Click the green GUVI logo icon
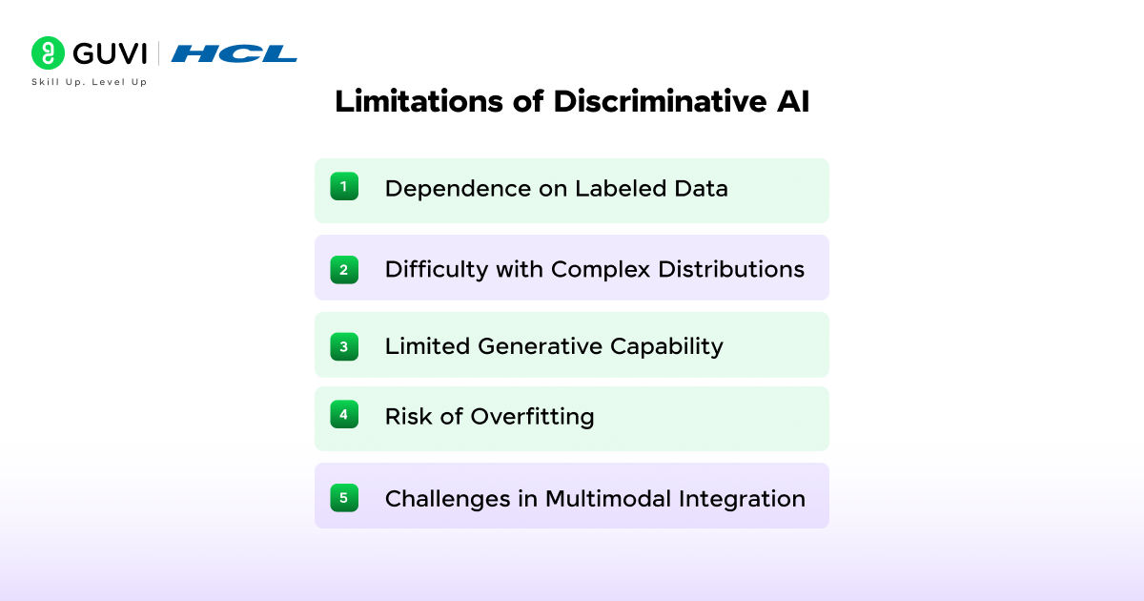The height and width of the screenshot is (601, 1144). click(x=49, y=52)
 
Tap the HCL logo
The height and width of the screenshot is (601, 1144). click(x=235, y=53)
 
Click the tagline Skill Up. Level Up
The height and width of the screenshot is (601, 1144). click(x=90, y=82)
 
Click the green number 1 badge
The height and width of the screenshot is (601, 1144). click(x=344, y=186)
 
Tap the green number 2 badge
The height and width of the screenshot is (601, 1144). click(x=344, y=270)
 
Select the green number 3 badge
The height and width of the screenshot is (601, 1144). click(x=344, y=346)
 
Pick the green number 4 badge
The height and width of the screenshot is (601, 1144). click(x=344, y=415)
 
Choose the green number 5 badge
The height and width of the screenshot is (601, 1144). click(x=344, y=497)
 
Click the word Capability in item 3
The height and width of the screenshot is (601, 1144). click(x=671, y=346)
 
